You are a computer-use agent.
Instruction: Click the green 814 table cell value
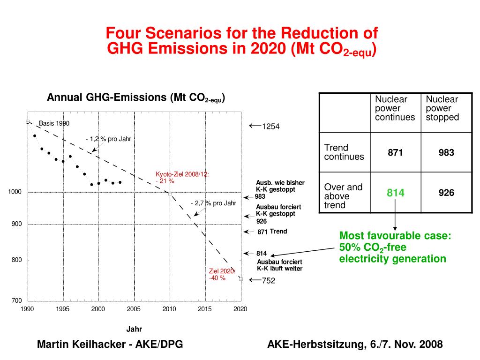pos(395,193)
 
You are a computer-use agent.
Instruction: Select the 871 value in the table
pos(395,152)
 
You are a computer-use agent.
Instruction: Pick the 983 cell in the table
pos(446,152)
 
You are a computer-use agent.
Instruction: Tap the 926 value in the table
pos(446,193)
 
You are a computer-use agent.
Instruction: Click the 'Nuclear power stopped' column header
pos(442,108)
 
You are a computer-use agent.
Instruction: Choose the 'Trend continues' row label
pos(344,152)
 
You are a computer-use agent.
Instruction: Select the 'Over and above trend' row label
pos(344,196)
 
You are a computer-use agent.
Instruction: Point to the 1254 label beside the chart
pos(270,127)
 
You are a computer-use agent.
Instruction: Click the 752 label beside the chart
pos(268,281)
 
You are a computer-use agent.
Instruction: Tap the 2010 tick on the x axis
pos(169,309)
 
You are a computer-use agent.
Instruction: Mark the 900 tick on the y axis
pos(17,224)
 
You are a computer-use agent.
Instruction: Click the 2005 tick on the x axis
pos(134,309)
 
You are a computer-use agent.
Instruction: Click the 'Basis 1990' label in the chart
pos(54,123)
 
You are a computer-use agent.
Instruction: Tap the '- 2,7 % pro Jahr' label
pos(213,203)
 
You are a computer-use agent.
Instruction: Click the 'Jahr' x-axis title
pos(134,329)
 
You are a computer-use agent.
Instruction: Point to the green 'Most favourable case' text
pos(395,236)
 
